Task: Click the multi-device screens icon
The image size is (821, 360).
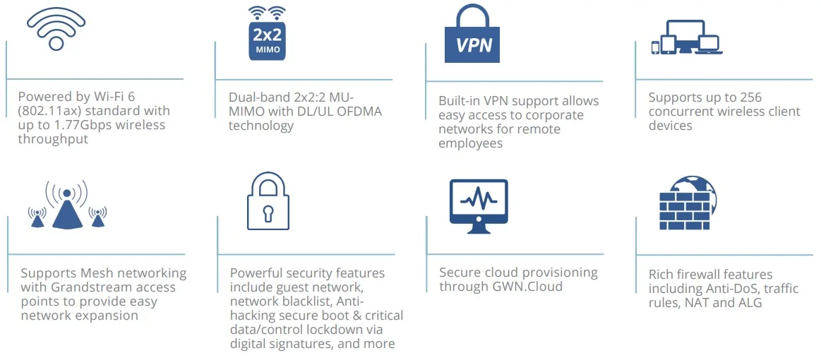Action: tap(687, 37)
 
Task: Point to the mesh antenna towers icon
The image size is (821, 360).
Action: tap(67, 205)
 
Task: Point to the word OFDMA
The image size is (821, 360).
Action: tap(361, 112)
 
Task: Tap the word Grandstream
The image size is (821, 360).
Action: tap(92, 287)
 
